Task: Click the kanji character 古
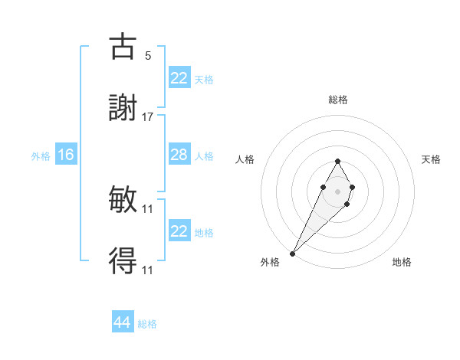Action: click(x=123, y=47)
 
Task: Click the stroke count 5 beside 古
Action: click(x=148, y=56)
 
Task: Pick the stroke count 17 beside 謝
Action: click(x=148, y=116)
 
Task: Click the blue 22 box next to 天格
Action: click(x=179, y=78)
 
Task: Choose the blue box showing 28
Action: click(x=179, y=155)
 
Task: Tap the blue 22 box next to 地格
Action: click(x=179, y=231)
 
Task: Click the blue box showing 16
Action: click(x=66, y=155)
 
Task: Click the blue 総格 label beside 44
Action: click(x=147, y=324)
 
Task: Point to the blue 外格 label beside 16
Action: click(x=41, y=156)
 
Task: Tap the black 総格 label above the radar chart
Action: click(x=337, y=100)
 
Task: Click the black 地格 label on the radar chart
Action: click(x=402, y=263)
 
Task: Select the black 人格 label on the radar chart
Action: click(x=245, y=159)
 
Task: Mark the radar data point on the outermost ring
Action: click(x=293, y=252)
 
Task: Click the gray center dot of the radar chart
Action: click(x=337, y=191)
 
